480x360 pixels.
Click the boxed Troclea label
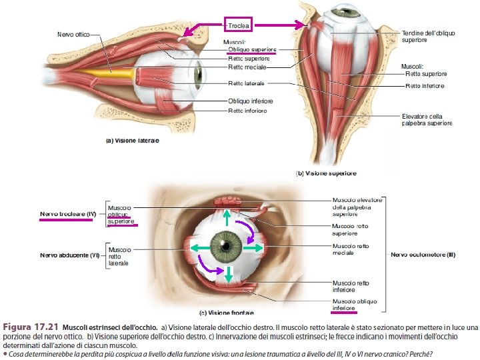pyautogui.click(x=238, y=25)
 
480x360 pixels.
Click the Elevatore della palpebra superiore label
pyautogui.click(x=427, y=119)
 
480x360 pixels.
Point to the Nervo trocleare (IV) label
pyautogui.click(x=68, y=214)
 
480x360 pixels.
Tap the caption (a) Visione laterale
pyautogui.click(x=133, y=141)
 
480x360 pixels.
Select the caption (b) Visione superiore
pyautogui.click(x=326, y=173)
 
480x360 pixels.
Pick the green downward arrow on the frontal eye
pyautogui.click(x=228, y=273)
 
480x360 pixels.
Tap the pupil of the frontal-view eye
pyautogui.click(x=228, y=246)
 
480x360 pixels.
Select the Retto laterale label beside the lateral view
pyautogui.click(x=246, y=83)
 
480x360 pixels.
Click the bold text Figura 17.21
pyautogui.click(x=29, y=328)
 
